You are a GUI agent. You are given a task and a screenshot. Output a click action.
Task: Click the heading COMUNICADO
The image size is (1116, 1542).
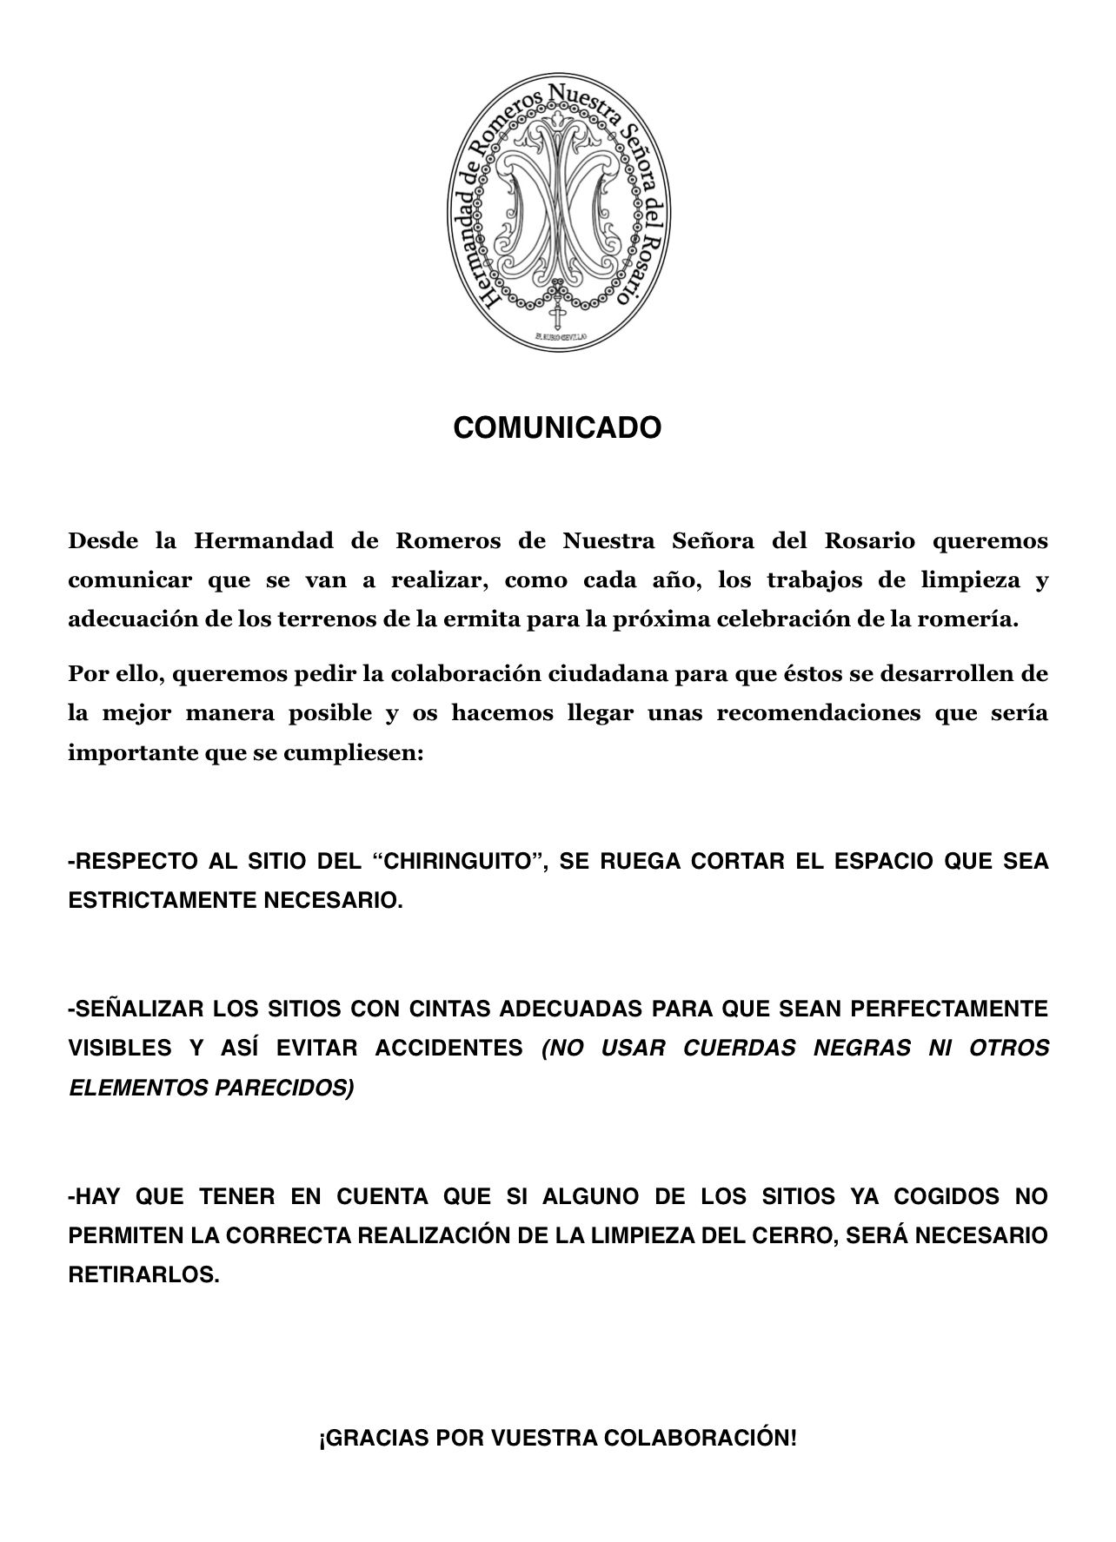tap(557, 428)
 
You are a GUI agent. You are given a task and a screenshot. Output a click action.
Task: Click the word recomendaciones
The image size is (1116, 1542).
tap(817, 714)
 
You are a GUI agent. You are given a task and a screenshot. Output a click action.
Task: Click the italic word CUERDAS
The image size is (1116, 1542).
tap(739, 1049)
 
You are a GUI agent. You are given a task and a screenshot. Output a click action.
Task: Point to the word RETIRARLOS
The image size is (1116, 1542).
tap(143, 1275)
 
